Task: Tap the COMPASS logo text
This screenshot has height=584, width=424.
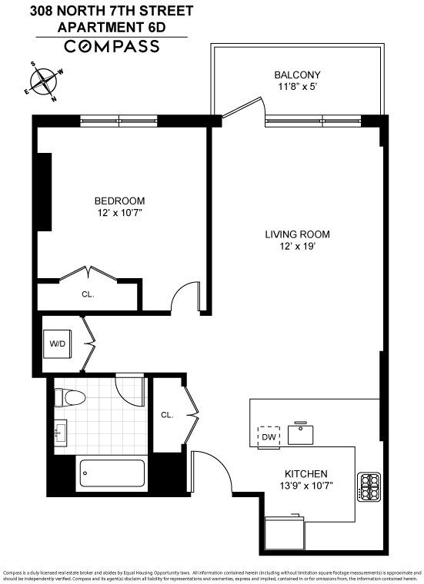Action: click(x=112, y=47)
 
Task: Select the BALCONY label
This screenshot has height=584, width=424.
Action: click(x=297, y=75)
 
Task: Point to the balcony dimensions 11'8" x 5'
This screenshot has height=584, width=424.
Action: click(x=297, y=87)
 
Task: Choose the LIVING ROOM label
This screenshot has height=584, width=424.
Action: click(x=297, y=234)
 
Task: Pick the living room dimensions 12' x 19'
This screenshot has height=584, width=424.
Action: click(x=297, y=247)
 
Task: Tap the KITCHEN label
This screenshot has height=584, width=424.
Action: click(x=305, y=473)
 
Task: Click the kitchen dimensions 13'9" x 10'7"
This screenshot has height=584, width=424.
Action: click(x=305, y=486)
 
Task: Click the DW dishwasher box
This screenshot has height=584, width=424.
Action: click(x=269, y=436)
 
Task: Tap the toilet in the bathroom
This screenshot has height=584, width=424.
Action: click(x=69, y=398)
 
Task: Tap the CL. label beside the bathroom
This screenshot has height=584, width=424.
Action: click(x=167, y=414)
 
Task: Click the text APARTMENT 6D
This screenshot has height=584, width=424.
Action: click(x=112, y=27)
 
